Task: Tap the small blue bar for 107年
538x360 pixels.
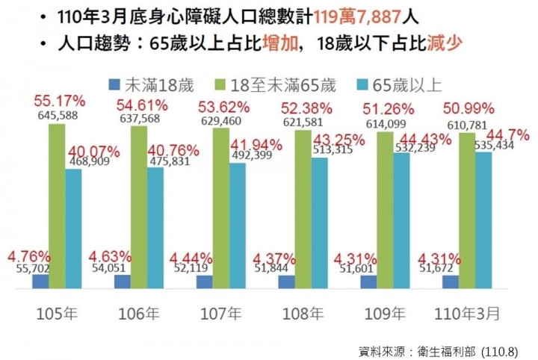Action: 204,281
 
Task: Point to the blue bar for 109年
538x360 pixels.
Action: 368,281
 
